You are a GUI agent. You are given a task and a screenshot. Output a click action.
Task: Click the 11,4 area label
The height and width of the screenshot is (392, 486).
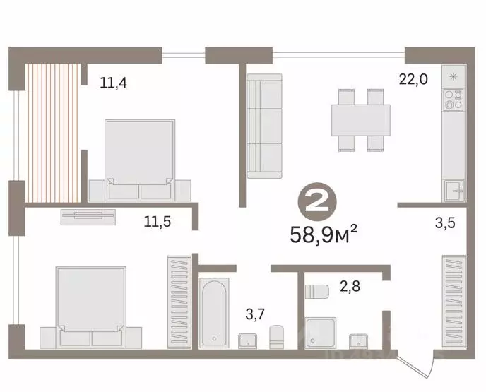[x=114, y=83]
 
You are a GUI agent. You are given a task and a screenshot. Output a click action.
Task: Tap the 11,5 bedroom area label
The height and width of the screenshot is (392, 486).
[x=158, y=222]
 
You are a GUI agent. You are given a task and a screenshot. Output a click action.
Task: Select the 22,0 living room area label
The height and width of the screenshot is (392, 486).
[x=413, y=80]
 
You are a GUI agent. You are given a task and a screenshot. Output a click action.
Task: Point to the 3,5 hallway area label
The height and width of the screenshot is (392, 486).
[x=445, y=222]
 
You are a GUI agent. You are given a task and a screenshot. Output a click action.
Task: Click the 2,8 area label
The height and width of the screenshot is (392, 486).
[x=350, y=286]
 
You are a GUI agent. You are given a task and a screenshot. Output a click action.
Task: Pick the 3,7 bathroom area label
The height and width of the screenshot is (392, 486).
[x=255, y=314]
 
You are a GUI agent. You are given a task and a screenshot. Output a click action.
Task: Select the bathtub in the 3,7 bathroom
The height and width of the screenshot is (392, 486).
[x=214, y=313]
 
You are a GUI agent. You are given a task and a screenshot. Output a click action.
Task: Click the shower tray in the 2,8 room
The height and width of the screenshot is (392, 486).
[x=321, y=333]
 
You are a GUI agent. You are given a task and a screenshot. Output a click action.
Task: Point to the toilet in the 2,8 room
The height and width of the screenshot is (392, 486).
[x=316, y=292]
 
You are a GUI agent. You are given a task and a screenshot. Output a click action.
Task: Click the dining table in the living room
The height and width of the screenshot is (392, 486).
[x=361, y=120]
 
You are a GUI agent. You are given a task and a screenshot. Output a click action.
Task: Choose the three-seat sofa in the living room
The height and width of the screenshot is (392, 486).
[x=264, y=126]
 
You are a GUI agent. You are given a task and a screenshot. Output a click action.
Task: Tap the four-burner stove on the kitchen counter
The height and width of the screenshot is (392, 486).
[x=454, y=100]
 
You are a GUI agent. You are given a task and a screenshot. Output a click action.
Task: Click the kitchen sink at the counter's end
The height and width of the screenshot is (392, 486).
[x=454, y=191]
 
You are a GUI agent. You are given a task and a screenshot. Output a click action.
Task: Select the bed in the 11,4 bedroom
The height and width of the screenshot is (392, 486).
[x=140, y=160]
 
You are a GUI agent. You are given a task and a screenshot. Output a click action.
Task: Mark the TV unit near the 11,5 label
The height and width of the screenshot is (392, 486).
[x=88, y=217]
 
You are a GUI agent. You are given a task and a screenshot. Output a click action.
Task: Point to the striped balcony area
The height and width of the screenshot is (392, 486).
[x=52, y=133]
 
